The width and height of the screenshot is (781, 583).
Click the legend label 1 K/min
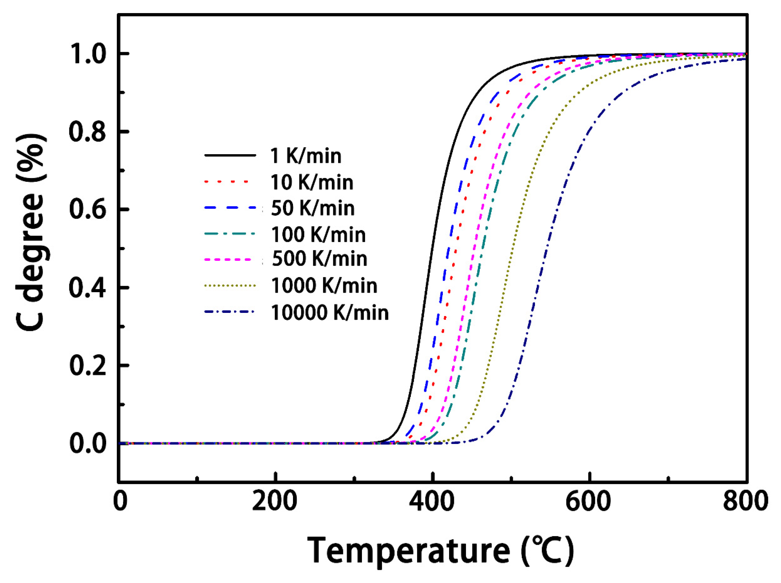pyautogui.click(x=306, y=156)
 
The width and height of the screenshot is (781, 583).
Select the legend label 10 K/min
pyautogui.click(x=312, y=182)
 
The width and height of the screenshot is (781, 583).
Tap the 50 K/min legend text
pyautogui.click(x=312, y=208)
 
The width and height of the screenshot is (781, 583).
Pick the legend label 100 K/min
pyautogui.click(x=318, y=235)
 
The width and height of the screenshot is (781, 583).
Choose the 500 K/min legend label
pyautogui.click(x=319, y=259)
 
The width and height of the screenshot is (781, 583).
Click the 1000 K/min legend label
pyautogui.click(x=324, y=286)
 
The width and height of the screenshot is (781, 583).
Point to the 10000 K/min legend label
pyautogui.click(x=330, y=313)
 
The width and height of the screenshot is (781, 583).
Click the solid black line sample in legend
pyautogui.click(x=230, y=155)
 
